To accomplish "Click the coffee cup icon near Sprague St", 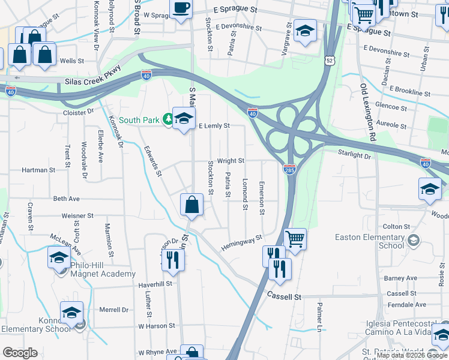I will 181,9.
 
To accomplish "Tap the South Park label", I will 139,120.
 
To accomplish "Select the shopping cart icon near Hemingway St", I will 295,239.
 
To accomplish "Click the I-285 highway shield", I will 289,170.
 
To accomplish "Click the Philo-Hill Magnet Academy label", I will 103,269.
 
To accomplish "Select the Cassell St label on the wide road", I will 283,296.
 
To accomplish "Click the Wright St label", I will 231,161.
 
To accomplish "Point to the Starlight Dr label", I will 354,155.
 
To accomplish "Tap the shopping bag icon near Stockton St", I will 191,205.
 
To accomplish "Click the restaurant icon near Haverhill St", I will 172,259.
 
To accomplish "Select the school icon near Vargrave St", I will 305,30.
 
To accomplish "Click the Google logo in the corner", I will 20,352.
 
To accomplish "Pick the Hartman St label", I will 38,170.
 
